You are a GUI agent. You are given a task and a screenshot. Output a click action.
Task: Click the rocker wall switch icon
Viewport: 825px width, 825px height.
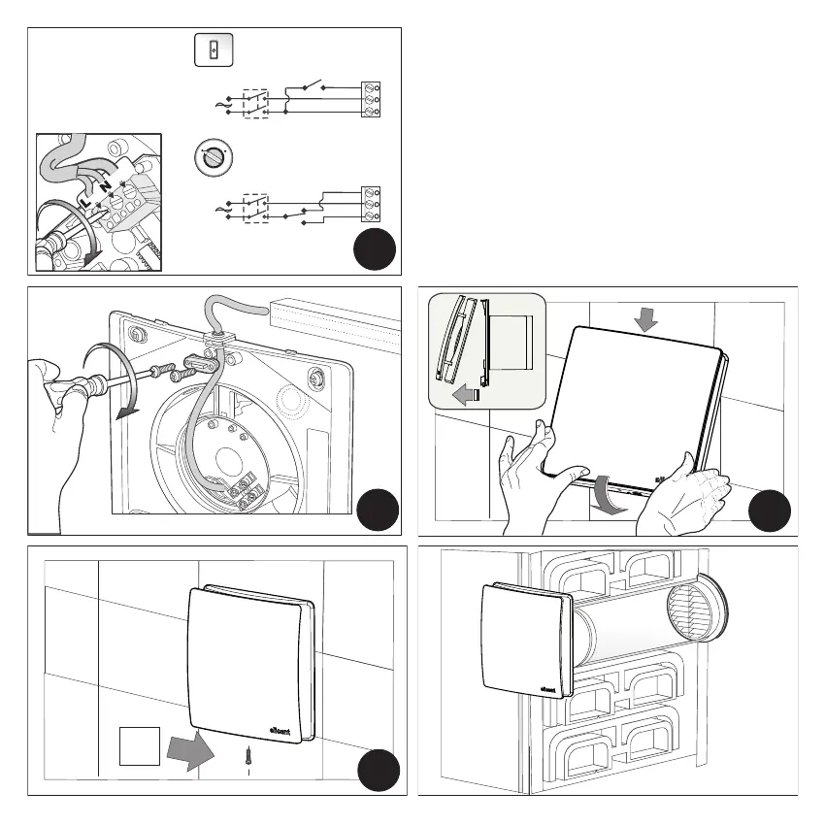tap(209, 51)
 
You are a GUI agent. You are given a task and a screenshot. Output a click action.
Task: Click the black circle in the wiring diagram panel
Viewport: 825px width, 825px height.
tap(375, 250)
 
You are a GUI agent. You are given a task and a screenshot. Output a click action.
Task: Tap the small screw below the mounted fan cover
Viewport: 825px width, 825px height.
tap(249, 753)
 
